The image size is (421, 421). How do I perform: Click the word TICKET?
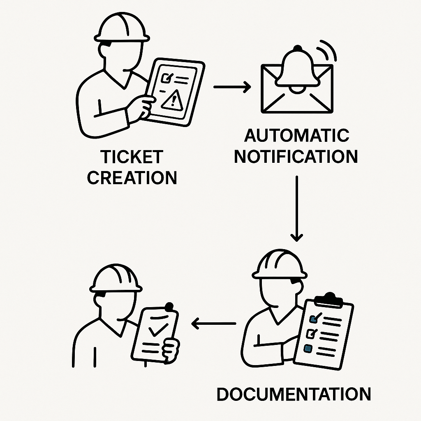[x=132, y=157]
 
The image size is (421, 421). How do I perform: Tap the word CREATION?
[x=132, y=178]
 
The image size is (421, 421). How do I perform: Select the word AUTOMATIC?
[x=297, y=136]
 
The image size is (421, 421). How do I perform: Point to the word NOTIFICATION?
[x=296, y=157]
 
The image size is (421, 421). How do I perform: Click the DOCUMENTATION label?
[x=294, y=394]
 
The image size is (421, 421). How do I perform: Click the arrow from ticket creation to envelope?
[x=232, y=87]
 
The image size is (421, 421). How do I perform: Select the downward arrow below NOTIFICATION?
[x=296, y=208]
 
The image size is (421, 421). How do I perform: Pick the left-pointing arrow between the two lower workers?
[x=213, y=324]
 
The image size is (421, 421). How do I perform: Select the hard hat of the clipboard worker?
[x=280, y=264]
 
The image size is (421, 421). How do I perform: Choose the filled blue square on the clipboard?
[x=308, y=348]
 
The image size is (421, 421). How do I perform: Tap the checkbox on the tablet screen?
[x=168, y=77]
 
